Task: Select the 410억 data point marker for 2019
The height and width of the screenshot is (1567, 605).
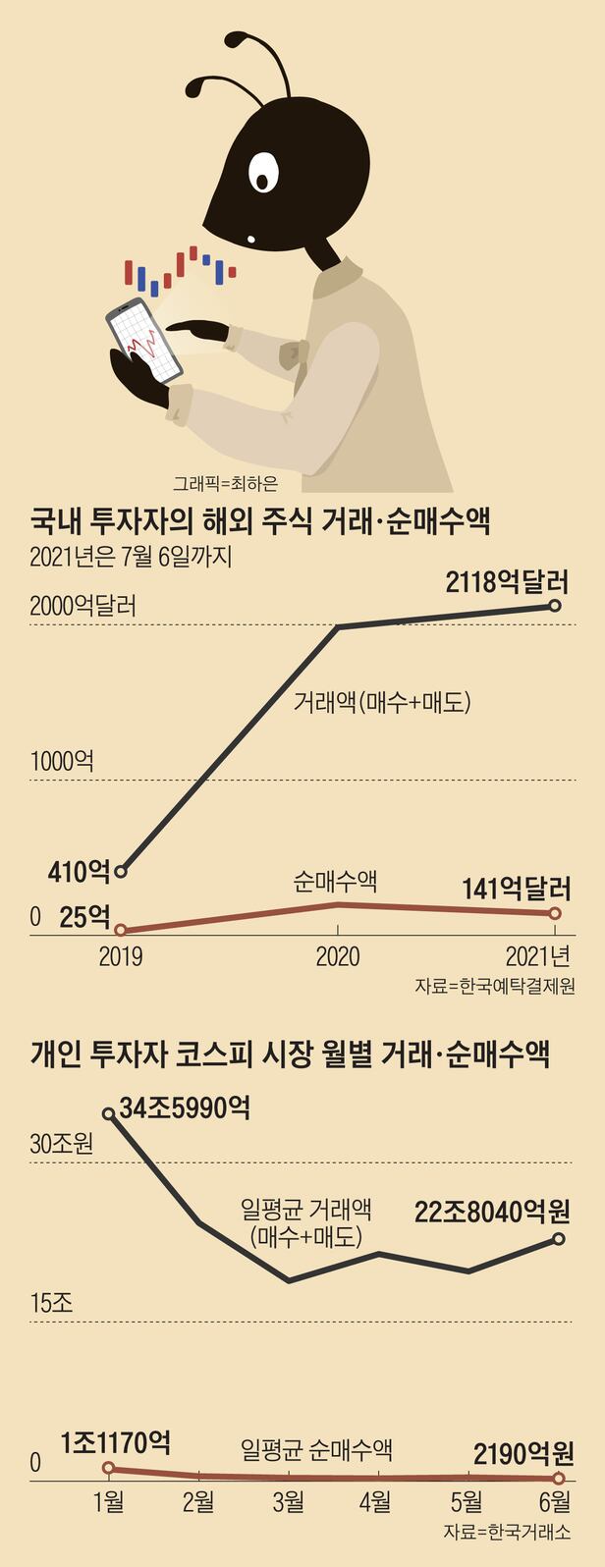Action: tap(121, 871)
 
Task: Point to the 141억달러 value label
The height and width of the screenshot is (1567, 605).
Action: tap(517, 890)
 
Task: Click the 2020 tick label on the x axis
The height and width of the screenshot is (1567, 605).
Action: tap(337, 956)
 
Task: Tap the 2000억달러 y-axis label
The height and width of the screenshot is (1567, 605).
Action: tap(82, 606)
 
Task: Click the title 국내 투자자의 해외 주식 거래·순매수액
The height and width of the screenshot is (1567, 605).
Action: tap(260, 521)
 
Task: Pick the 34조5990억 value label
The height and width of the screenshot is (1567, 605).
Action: tap(185, 1109)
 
